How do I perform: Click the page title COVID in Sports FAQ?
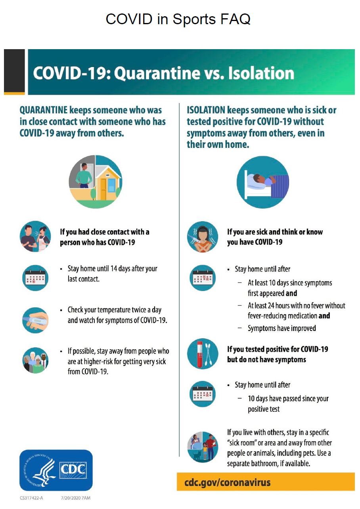click(178, 19)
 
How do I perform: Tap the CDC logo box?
click(56, 470)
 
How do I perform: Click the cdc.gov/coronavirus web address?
click(227, 482)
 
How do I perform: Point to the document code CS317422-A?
click(31, 498)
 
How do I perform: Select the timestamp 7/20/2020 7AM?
click(75, 498)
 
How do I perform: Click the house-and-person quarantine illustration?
click(96, 182)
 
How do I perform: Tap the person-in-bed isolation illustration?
click(263, 182)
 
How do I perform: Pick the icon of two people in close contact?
click(35, 236)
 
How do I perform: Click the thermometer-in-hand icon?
click(35, 320)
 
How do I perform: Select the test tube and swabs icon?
click(203, 354)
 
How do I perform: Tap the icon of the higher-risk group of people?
click(35, 360)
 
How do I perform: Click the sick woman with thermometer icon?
click(203, 237)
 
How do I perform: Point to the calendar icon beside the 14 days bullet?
click(35, 277)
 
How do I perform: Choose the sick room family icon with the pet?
click(203, 447)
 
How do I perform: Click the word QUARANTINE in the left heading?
click(43, 110)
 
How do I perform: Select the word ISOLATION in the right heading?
click(206, 110)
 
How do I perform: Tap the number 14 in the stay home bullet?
click(114, 269)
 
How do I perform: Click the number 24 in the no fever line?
click(271, 306)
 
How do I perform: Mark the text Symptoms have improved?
click(282, 328)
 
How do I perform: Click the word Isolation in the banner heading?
click(261, 73)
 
